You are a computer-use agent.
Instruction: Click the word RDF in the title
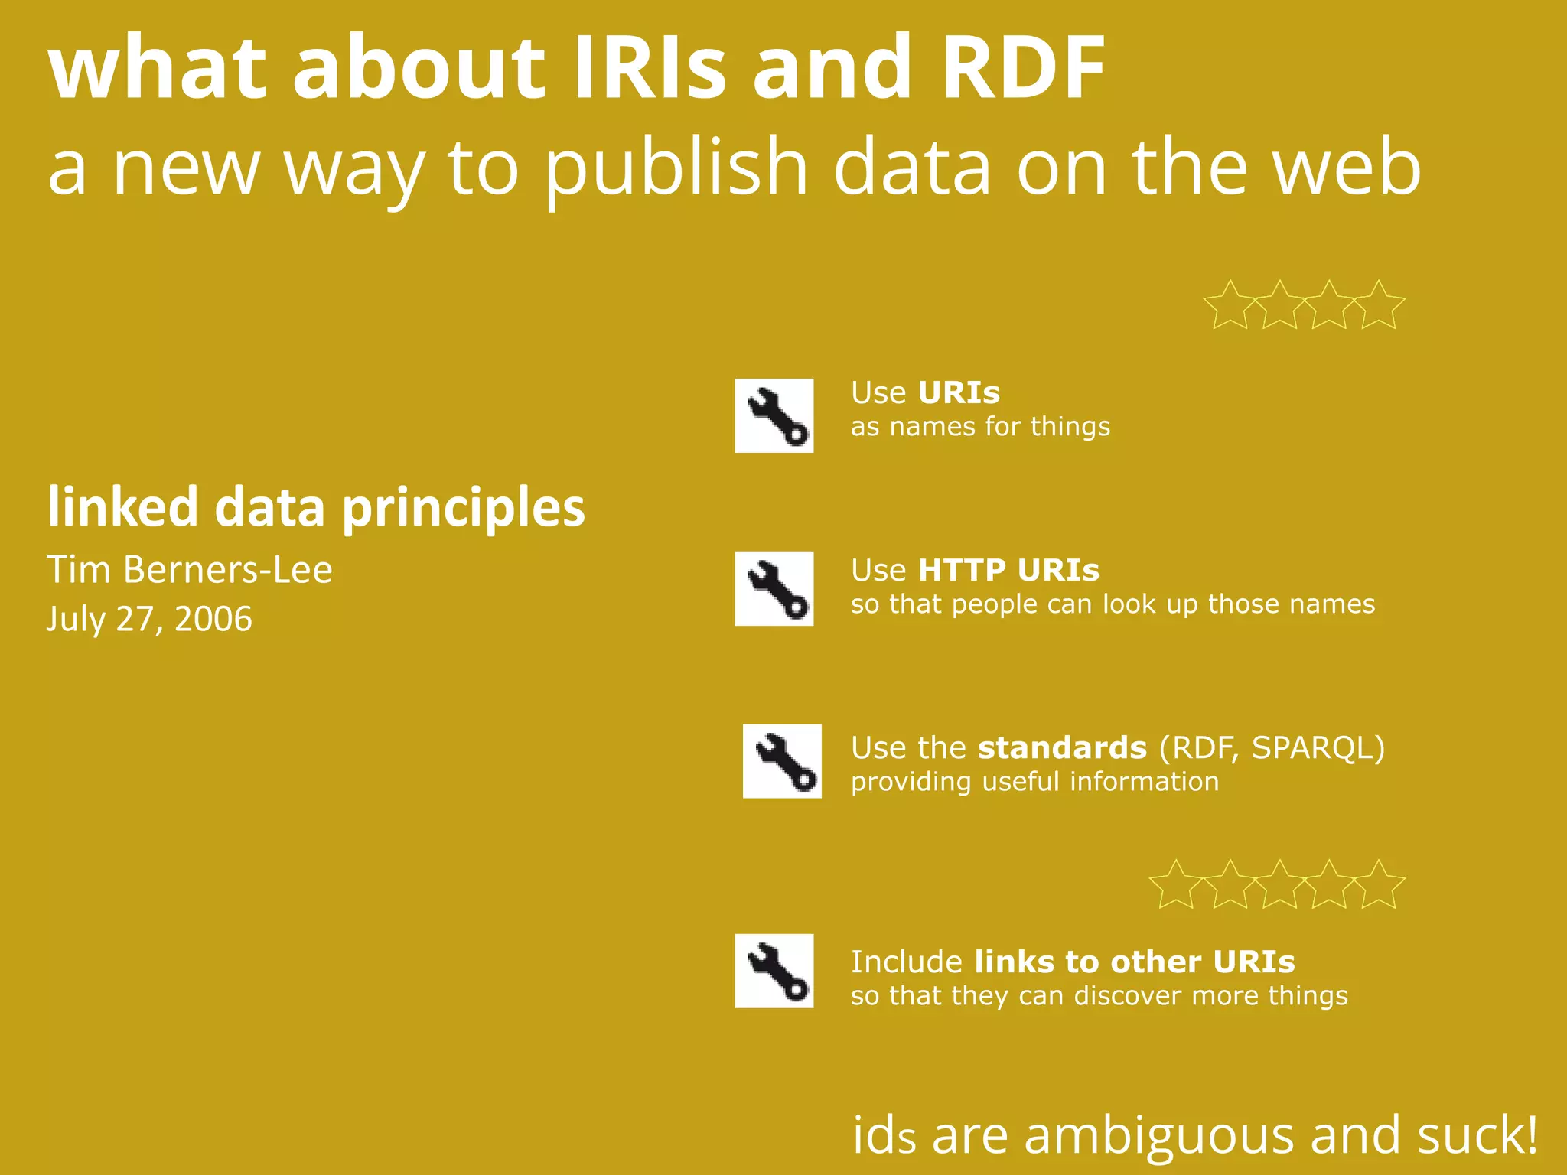[x=1023, y=69]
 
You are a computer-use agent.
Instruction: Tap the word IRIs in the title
[x=649, y=69]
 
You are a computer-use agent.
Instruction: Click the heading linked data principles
[x=316, y=508]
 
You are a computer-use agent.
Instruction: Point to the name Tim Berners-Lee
[x=190, y=570]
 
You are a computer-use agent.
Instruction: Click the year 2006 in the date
[x=213, y=619]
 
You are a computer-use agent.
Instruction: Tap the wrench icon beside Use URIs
[x=774, y=415]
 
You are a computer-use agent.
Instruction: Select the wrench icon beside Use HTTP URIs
[x=774, y=588]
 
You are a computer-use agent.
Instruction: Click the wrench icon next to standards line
[x=782, y=761]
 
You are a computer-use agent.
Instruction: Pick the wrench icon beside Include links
[x=774, y=971]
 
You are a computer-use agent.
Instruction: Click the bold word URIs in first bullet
[x=959, y=393]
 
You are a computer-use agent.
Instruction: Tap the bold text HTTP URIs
[x=1008, y=571]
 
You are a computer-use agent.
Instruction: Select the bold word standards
[x=1062, y=748]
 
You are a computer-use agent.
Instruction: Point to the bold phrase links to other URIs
[x=1135, y=962]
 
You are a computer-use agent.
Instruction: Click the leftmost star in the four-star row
[x=1230, y=306]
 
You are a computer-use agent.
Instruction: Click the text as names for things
[x=980, y=427]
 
